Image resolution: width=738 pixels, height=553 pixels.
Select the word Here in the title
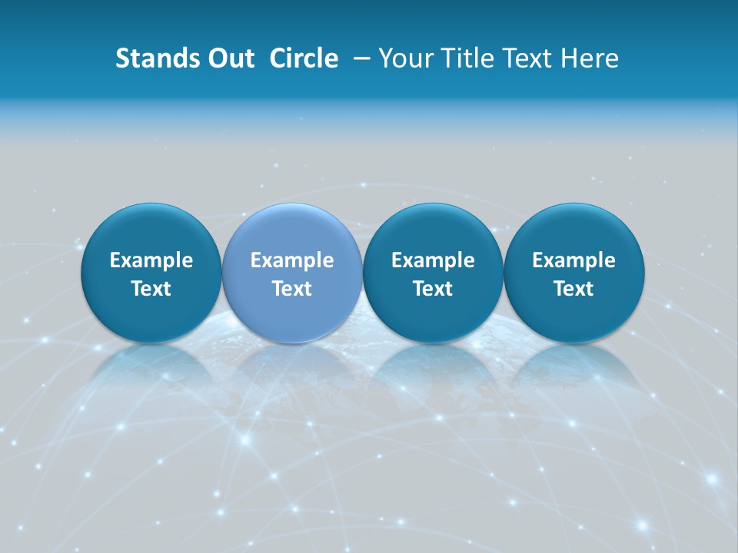[590, 58]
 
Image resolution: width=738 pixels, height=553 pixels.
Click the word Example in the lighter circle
[292, 260]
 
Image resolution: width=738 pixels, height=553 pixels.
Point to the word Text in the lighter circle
[292, 289]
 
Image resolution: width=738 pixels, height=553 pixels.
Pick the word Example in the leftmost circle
[151, 260]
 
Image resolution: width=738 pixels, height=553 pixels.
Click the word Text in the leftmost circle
[151, 289]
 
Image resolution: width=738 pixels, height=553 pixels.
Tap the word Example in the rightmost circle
[574, 260]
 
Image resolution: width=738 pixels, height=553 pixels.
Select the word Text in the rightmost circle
[574, 289]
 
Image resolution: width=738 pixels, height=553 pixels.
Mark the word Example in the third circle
[433, 260]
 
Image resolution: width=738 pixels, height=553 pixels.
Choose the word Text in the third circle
[433, 289]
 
